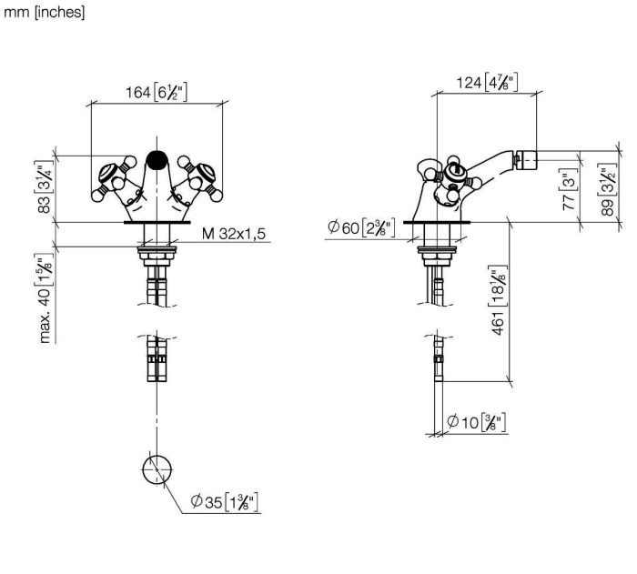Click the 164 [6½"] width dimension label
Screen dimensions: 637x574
(x=157, y=93)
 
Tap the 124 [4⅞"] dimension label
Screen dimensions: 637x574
(x=487, y=83)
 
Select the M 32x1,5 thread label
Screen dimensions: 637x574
(x=234, y=234)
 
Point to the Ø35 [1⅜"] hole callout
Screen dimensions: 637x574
(x=225, y=502)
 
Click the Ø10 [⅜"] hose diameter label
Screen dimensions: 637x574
(x=477, y=422)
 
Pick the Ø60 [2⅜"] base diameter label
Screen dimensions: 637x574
(x=361, y=227)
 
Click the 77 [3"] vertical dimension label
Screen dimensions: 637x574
(x=569, y=189)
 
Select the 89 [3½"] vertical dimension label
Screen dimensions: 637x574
(x=608, y=189)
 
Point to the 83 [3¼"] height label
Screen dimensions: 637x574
(x=45, y=186)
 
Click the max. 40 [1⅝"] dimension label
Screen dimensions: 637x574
(x=45, y=298)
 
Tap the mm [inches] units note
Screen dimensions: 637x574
(x=44, y=12)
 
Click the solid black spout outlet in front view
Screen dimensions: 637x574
(x=157, y=160)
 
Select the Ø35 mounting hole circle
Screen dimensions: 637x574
(x=157, y=469)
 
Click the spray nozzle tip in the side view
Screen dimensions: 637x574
(x=526, y=160)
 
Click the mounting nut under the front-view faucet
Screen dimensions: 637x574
(x=157, y=257)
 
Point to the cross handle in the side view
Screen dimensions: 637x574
(x=454, y=178)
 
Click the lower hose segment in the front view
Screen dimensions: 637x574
(x=157, y=358)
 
